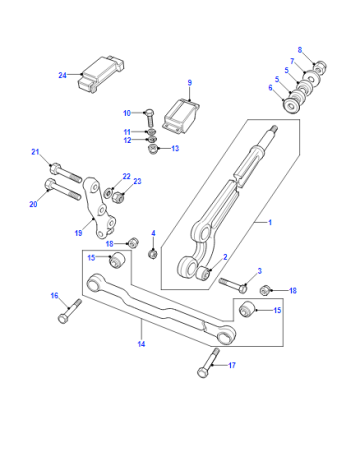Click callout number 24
tap(62, 75)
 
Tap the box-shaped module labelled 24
tap(101, 74)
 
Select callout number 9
tap(190, 83)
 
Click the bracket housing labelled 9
tap(181, 116)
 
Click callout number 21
tap(35, 152)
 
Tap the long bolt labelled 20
tap(62, 189)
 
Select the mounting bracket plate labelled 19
tap(99, 208)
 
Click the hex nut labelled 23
tap(119, 197)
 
